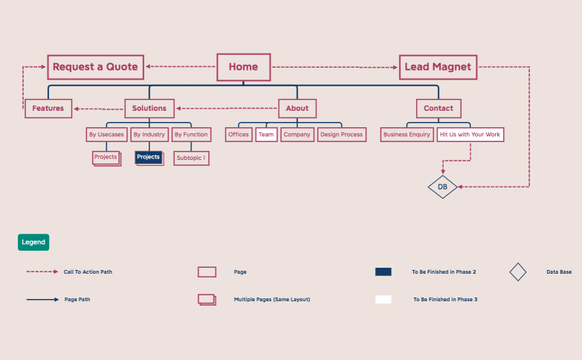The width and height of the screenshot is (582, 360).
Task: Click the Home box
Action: [x=243, y=67]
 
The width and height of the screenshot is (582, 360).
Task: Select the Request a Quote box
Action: [x=95, y=67]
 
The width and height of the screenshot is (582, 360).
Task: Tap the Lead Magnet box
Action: [x=437, y=67]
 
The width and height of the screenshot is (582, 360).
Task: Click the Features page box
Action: [x=48, y=109]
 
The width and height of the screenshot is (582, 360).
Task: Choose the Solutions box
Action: [x=149, y=109]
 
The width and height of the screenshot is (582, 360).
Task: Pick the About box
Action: [x=297, y=109]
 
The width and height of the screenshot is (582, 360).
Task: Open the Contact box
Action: [x=439, y=109]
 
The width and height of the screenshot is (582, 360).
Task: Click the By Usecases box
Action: [x=106, y=135]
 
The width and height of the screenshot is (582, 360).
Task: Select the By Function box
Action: [x=191, y=135]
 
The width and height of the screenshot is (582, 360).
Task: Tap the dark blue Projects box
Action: [x=149, y=158]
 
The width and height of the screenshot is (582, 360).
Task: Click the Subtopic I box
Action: [x=191, y=158]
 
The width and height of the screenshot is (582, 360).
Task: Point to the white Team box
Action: [x=266, y=135]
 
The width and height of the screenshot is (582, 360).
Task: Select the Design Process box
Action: [x=342, y=135]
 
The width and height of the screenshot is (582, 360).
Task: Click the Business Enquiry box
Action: [x=407, y=135]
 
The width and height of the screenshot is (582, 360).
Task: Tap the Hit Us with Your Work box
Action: [x=470, y=135]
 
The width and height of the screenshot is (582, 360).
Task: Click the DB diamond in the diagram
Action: [x=442, y=187]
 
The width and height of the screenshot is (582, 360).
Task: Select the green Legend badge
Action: [x=33, y=242]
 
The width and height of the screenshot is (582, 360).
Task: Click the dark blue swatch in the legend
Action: [x=383, y=272]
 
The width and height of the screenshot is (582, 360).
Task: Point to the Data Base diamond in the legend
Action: [x=518, y=272]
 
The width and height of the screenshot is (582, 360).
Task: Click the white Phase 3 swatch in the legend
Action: [x=383, y=300]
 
